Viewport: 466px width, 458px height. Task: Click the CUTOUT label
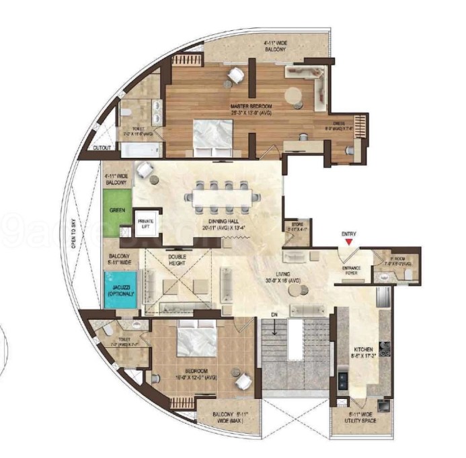102,147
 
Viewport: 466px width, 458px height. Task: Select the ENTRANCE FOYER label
351,270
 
